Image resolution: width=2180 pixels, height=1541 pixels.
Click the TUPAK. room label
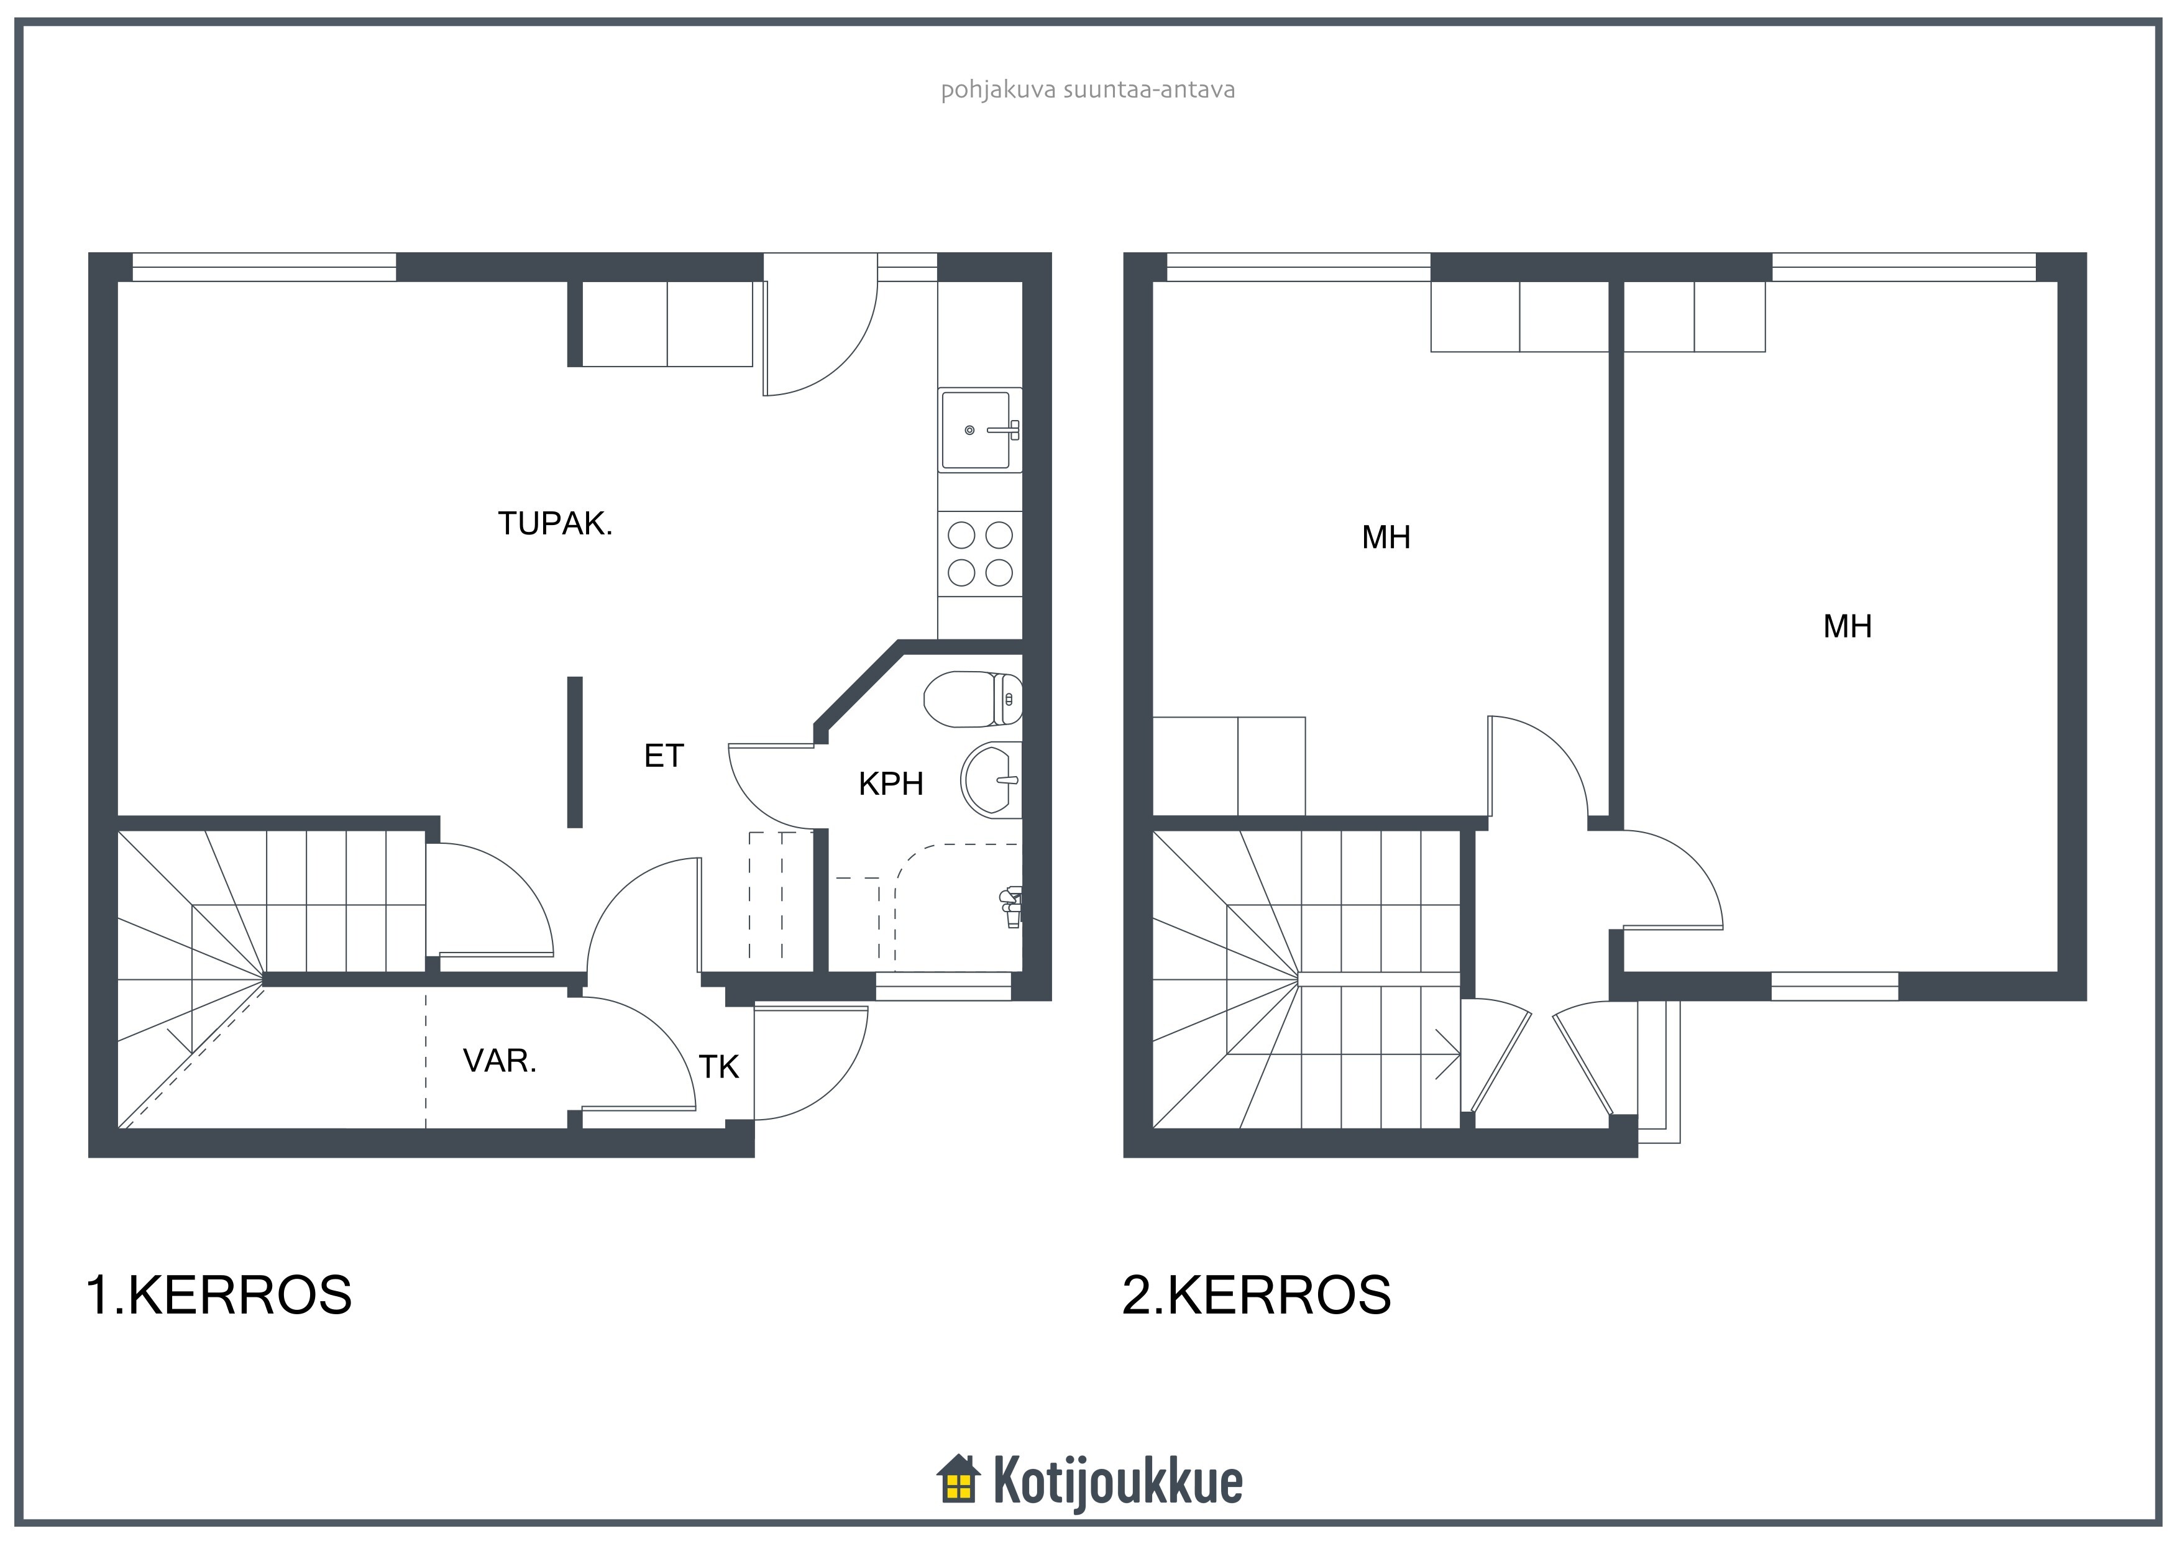[x=556, y=523]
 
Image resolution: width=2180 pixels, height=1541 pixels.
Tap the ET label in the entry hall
[x=664, y=756]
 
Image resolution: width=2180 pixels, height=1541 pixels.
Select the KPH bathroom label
[x=891, y=784]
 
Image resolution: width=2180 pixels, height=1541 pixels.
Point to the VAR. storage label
[x=500, y=1061]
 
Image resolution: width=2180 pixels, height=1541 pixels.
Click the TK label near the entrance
[x=719, y=1068]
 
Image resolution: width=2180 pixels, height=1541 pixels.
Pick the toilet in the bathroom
[x=973, y=699]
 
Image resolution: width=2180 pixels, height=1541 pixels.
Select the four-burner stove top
[x=980, y=554]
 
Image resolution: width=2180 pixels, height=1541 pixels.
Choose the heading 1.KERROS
[x=219, y=1295]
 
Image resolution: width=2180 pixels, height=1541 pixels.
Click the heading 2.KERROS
[x=1257, y=1295]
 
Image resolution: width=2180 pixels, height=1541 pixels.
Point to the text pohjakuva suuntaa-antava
[x=1088, y=90]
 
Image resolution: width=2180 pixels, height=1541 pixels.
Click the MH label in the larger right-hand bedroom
[x=1848, y=627]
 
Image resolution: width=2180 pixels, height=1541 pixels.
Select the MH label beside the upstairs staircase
[x=1386, y=538]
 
